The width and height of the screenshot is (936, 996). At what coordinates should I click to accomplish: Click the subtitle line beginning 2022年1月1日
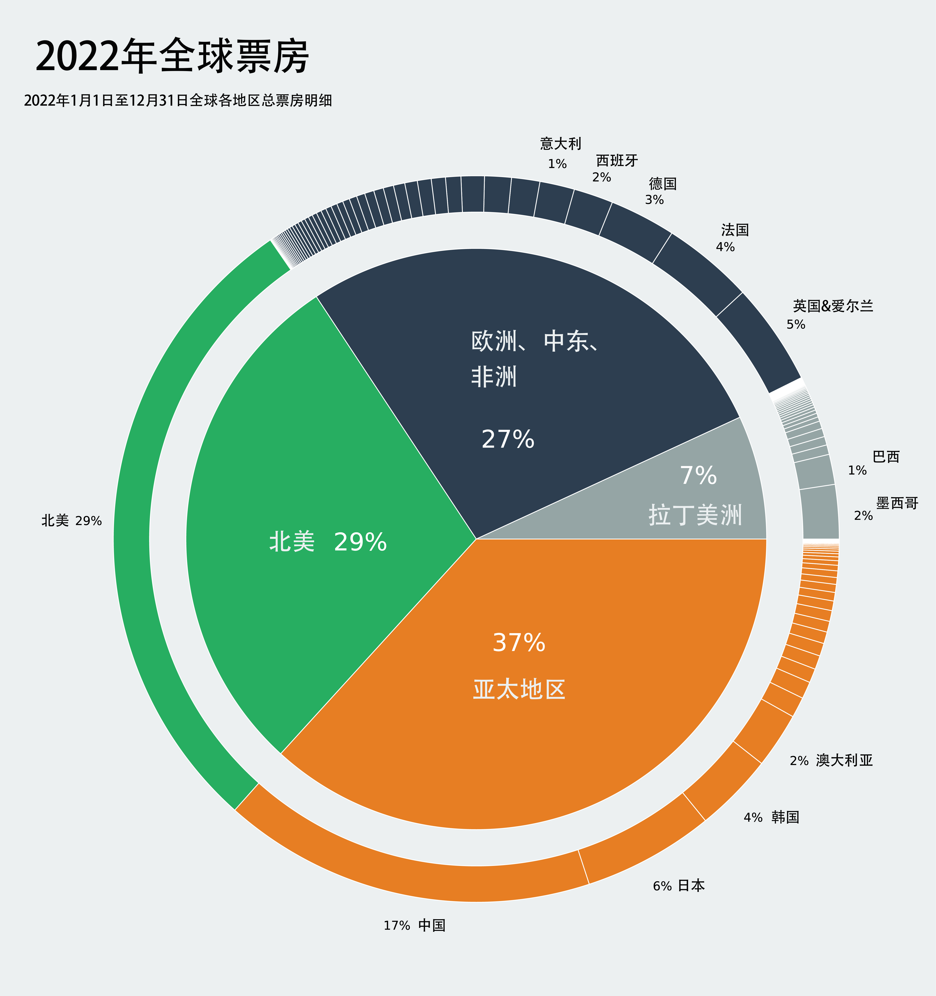[178, 101]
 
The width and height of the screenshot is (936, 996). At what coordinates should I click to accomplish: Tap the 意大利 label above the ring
[560, 144]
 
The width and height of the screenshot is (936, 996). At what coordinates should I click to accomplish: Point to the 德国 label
[663, 184]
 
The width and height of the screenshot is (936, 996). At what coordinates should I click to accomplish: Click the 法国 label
[735, 230]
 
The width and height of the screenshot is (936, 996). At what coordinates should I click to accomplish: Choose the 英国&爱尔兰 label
[833, 306]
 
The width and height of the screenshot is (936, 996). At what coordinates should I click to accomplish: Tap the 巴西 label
[886, 457]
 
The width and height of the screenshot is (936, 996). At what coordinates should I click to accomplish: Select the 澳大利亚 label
[844, 760]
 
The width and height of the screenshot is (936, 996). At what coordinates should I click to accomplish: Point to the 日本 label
[691, 885]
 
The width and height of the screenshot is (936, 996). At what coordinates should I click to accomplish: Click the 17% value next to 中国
[397, 926]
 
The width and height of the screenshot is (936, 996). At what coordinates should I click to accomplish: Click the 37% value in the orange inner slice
[519, 643]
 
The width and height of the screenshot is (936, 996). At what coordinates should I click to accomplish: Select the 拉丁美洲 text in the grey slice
[695, 515]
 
